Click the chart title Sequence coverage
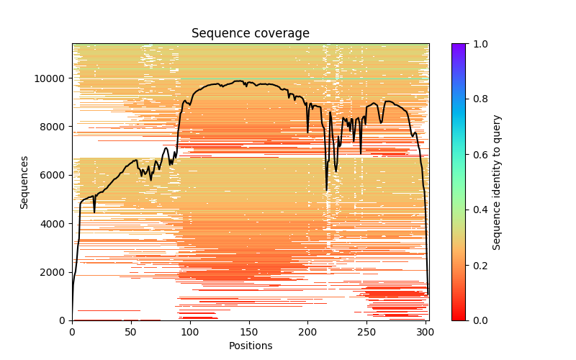click(251, 34)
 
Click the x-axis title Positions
click(251, 346)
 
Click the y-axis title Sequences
click(24, 182)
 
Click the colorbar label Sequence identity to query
click(497, 182)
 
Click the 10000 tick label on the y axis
click(53, 78)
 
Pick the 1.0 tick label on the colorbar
click(478, 44)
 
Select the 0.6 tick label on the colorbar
click(478, 155)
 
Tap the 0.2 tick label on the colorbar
click(478, 265)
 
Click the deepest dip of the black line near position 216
click(326, 190)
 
